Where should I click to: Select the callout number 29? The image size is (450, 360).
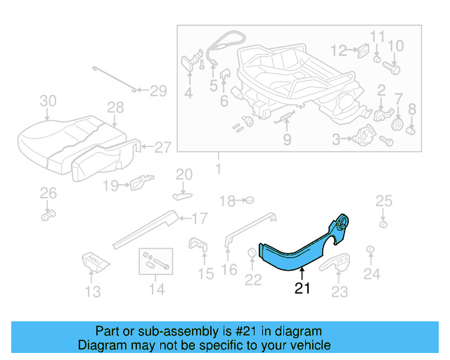[x=158, y=90]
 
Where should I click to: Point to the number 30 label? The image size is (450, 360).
[x=47, y=101]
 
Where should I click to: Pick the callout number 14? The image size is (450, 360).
[x=156, y=289]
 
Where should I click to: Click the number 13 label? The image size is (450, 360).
[x=94, y=291]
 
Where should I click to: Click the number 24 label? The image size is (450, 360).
[x=371, y=274]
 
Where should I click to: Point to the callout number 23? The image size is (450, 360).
[x=339, y=291]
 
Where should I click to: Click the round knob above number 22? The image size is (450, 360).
[x=252, y=253]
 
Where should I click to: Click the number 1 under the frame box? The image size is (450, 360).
[x=217, y=169]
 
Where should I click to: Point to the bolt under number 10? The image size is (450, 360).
[x=392, y=69]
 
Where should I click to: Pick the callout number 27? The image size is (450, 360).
[x=162, y=147]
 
